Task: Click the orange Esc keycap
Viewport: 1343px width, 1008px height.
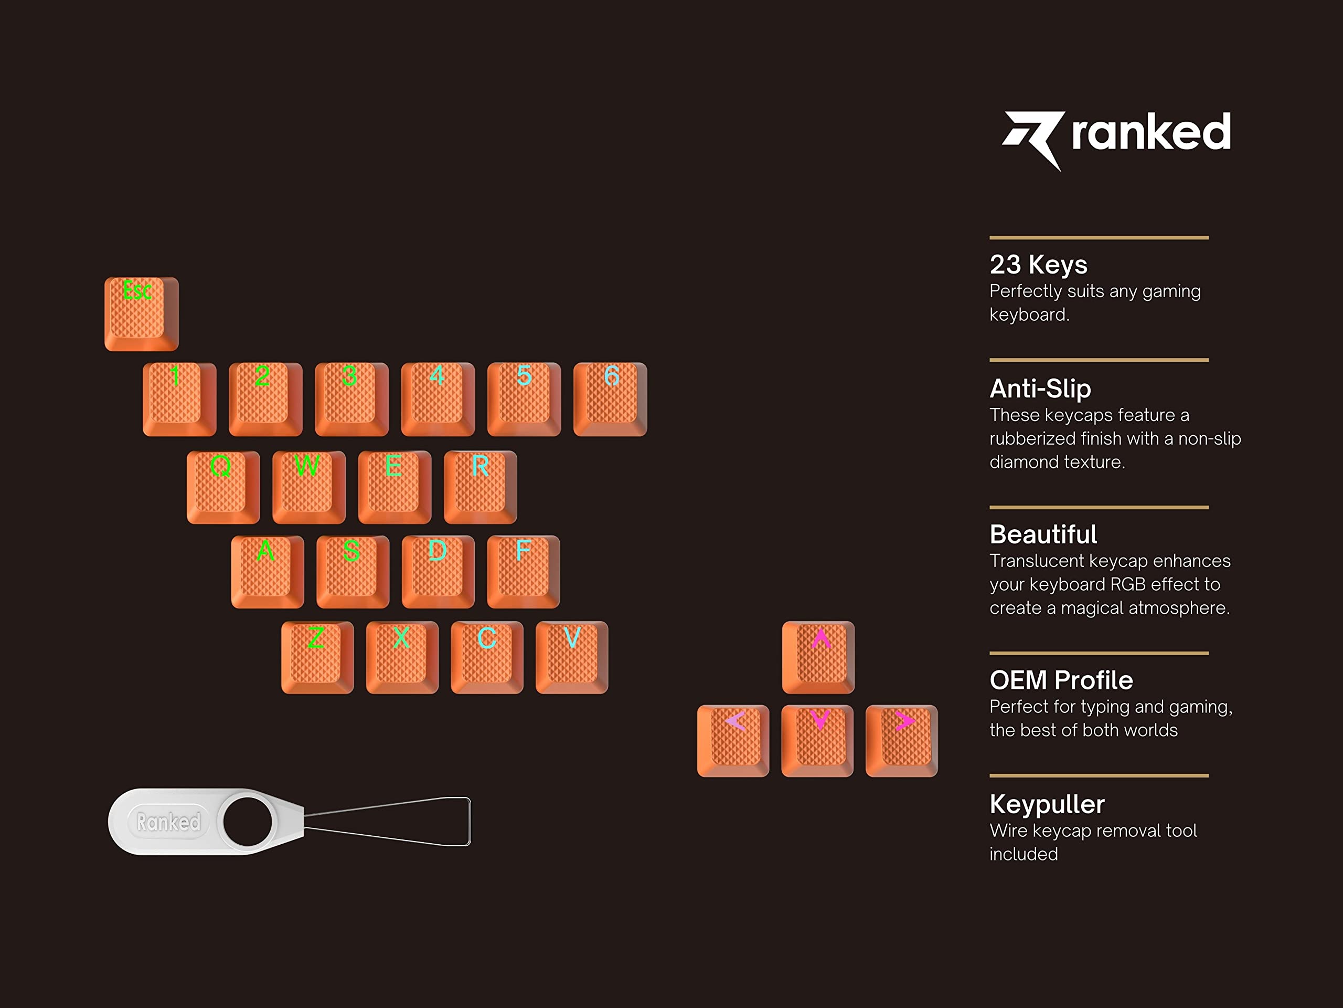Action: pos(142,314)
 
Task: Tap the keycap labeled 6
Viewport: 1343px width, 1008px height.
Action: pos(610,399)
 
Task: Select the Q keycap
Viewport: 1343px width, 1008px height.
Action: pos(223,487)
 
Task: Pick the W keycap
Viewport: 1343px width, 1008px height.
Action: pos(309,487)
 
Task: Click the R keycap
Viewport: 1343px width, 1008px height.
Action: pos(480,487)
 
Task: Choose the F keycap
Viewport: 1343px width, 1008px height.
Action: pos(524,572)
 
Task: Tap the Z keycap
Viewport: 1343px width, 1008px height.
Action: pos(317,657)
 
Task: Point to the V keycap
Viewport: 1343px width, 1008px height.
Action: pos(572,657)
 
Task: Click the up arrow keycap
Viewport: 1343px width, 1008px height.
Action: pos(818,657)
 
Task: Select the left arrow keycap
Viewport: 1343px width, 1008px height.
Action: pos(733,741)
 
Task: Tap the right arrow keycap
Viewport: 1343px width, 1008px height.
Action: pos(902,741)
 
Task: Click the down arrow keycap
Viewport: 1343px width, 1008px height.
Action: pos(817,741)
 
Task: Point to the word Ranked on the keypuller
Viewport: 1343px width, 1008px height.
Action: pos(168,822)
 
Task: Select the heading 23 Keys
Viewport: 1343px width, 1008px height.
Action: pos(1038,264)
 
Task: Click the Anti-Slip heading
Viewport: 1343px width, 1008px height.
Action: pos(1040,388)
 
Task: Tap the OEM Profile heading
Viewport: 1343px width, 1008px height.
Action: pos(1061,680)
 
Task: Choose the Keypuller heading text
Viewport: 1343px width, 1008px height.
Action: pos(1047,804)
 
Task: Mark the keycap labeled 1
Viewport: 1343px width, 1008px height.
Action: pos(179,399)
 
